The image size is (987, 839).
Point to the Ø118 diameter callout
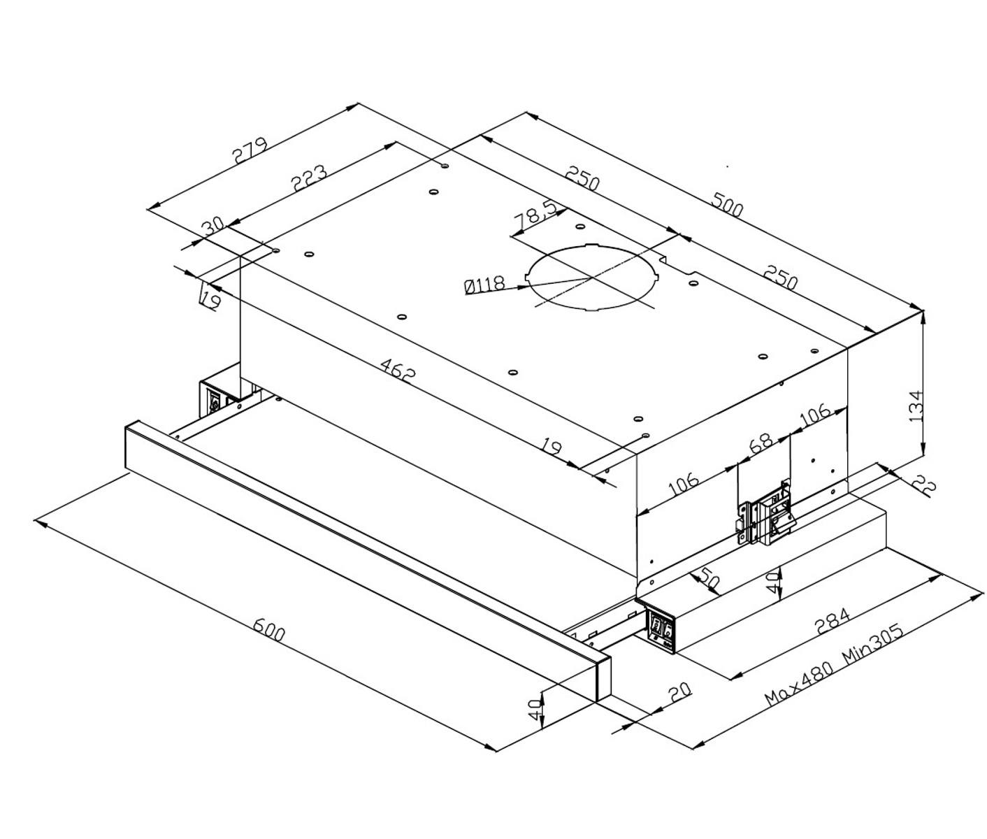point(484,285)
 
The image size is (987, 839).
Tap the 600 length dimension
point(269,629)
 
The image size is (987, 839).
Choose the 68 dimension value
point(761,443)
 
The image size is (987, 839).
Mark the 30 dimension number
point(212,227)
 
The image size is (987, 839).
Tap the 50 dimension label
point(709,580)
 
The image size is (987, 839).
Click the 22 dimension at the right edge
point(924,485)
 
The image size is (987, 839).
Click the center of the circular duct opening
point(593,278)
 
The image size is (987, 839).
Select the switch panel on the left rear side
point(214,400)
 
